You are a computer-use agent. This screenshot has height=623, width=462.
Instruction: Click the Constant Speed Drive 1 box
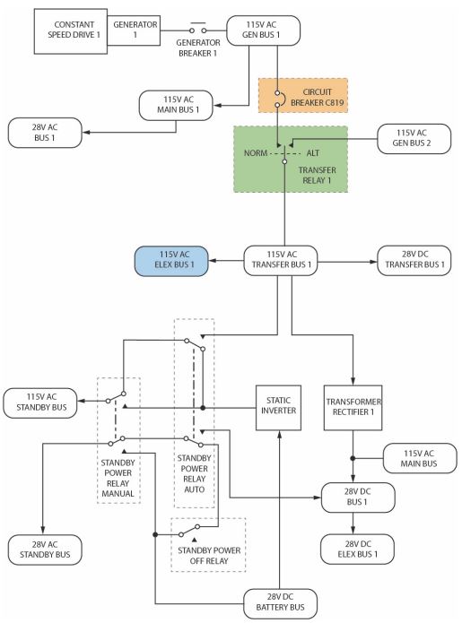point(70,31)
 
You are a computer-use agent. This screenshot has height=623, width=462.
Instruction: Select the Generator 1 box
point(134,30)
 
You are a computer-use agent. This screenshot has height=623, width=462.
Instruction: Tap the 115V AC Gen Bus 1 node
point(263,30)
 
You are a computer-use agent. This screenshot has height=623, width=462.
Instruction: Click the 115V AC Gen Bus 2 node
point(414,139)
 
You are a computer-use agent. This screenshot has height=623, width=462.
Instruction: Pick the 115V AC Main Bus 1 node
point(176,105)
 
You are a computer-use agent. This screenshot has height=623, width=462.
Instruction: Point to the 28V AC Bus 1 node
point(45,133)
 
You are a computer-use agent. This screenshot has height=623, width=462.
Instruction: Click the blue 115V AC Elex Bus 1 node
point(171,261)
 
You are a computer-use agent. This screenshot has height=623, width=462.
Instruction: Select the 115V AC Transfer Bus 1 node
point(280,261)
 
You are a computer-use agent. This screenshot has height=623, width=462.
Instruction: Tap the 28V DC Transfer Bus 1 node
point(414,261)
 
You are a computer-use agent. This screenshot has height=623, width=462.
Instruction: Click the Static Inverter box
point(278,408)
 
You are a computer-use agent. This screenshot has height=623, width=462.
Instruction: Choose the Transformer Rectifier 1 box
point(353,408)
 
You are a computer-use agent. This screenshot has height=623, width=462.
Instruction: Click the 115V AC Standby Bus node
point(40,402)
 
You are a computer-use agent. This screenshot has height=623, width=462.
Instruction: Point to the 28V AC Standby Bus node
point(45,549)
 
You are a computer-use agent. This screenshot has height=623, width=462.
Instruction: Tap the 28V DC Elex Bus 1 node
point(357,549)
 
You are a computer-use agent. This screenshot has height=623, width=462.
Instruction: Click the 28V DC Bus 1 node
point(358,498)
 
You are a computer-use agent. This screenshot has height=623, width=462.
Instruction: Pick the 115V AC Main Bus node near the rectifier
point(420,458)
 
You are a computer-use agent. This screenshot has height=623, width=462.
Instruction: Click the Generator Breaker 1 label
point(198,48)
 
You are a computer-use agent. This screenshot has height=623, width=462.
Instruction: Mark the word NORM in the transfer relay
point(256,153)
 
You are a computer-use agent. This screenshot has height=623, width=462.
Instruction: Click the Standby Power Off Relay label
point(209,556)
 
